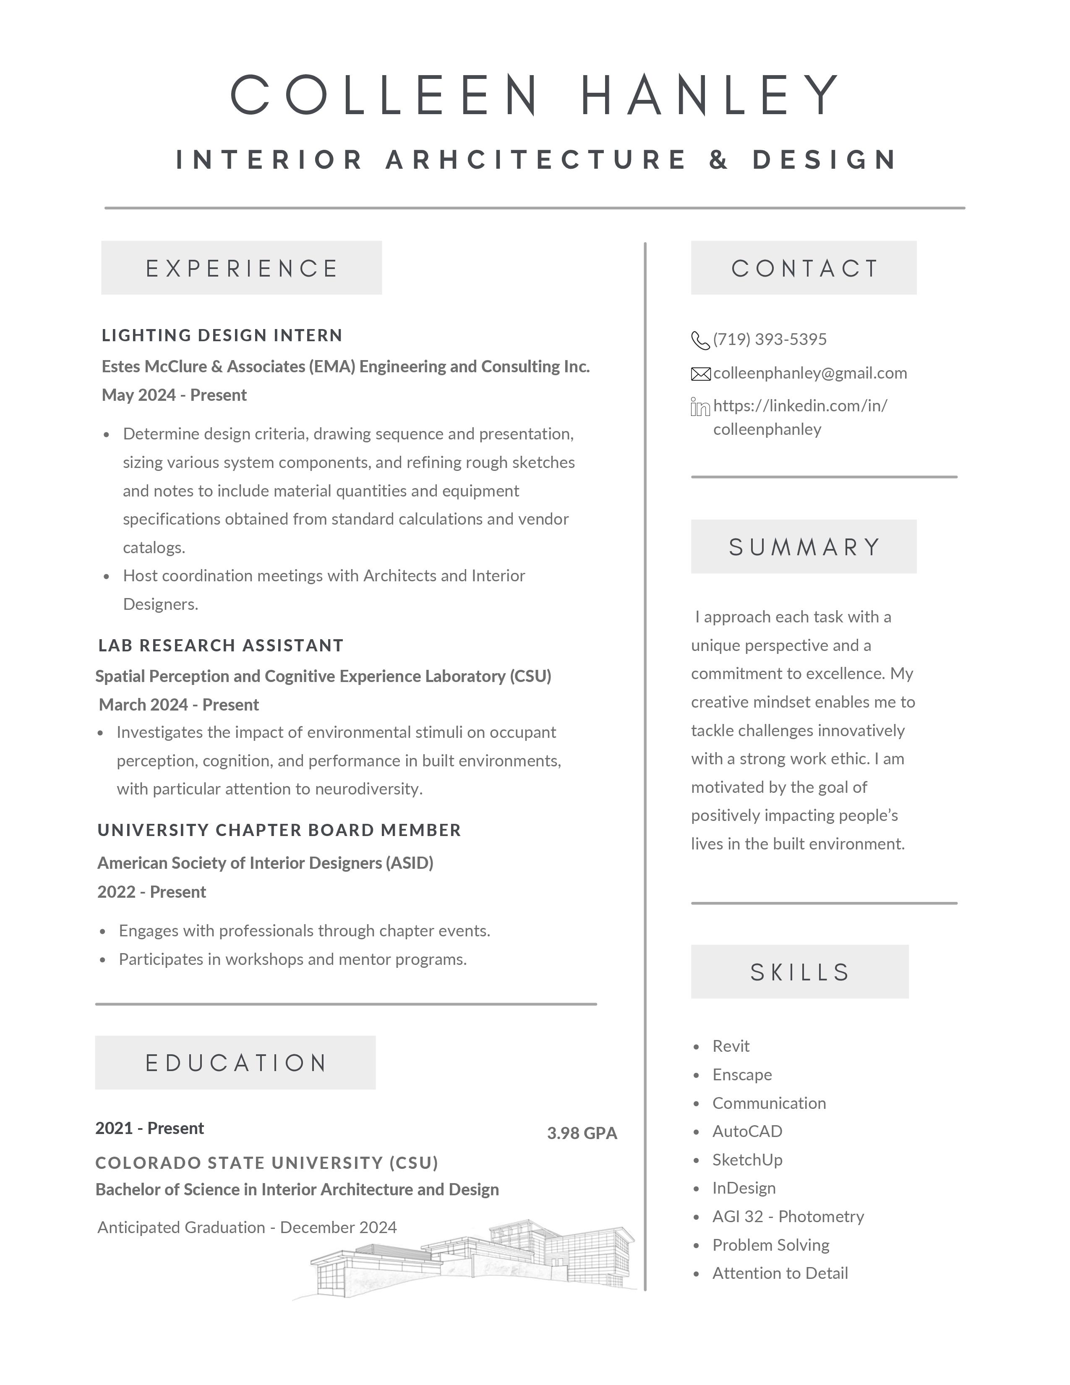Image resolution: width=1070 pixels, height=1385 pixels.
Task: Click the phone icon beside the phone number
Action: pyautogui.click(x=700, y=340)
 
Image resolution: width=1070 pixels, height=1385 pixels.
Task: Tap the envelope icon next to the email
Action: pyautogui.click(x=700, y=374)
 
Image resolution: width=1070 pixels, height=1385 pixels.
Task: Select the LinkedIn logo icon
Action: pyautogui.click(x=700, y=407)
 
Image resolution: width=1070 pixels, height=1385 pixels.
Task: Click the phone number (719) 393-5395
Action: pyautogui.click(x=770, y=339)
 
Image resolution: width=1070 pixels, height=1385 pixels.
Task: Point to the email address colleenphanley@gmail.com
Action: pyautogui.click(x=809, y=373)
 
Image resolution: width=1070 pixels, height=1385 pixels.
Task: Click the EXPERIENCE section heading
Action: pyautogui.click(x=242, y=268)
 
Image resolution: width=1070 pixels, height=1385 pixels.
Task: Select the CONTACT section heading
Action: pyautogui.click(x=804, y=268)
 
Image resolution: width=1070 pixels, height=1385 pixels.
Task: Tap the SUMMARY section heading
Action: pyautogui.click(x=804, y=546)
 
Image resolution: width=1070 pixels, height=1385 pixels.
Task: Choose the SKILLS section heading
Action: pyautogui.click(x=799, y=972)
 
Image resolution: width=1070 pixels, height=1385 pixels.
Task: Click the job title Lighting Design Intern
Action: pyautogui.click(x=222, y=335)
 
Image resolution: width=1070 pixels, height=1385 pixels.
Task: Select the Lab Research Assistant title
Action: pyautogui.click(x=221, y=645)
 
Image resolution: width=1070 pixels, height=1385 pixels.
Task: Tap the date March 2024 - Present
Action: pyautogui.click(x=179, y=705)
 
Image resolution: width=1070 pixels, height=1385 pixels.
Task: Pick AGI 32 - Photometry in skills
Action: pyautogui.click(x=788, y=1216)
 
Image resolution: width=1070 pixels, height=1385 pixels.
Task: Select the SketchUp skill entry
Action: pyautogui.click(x=747, y=1160)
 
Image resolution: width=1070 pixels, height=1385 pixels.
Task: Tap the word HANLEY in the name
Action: pyautogui.click(x=710, y=95)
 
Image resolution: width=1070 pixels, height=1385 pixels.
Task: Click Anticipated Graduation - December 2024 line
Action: pyautogui.click(x=247, y=1228)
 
